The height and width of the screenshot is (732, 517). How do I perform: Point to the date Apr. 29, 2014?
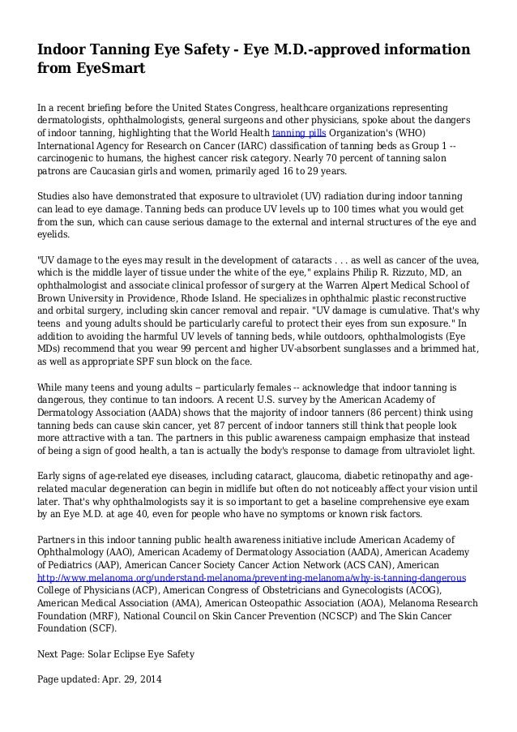pos(130,682)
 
